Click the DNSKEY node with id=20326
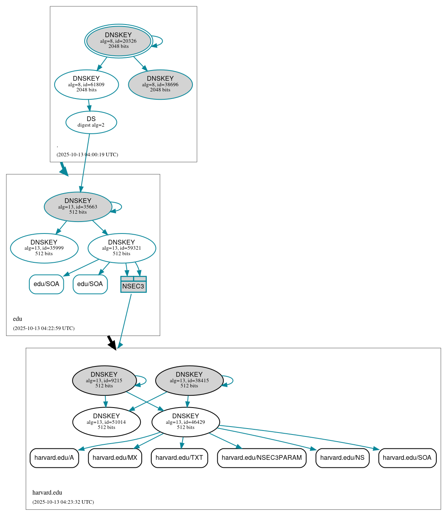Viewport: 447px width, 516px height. pos(118,41)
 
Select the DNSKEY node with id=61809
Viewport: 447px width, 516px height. pos(86,84)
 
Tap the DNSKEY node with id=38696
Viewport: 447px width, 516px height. pos(160,84)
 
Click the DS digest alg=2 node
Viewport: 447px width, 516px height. pos(91,122)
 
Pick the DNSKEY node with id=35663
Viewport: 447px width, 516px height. pos(78,207)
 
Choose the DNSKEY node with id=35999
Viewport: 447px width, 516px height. pos(44,248)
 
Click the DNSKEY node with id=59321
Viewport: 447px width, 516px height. pos(122,248)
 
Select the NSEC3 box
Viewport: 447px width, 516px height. pos(133,285)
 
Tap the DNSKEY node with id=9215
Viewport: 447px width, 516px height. pos(104,380)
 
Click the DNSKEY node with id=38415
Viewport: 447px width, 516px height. pos(189,380)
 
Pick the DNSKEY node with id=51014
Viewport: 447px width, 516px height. pos(107,422)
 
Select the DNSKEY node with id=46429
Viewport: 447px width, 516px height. pos(186,422)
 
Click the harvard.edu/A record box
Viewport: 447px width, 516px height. pos(54,458)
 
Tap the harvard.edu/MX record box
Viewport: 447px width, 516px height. pos(115,458)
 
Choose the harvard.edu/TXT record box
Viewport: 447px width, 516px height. pos(179,458)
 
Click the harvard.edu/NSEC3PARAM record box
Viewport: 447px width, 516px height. pos(262,458)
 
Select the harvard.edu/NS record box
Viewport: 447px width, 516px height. pos(342,458)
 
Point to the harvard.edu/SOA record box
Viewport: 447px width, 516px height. pos(407,458)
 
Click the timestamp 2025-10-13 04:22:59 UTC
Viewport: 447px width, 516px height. pos(44,328)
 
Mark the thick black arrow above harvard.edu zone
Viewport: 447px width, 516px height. pos(112,342)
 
